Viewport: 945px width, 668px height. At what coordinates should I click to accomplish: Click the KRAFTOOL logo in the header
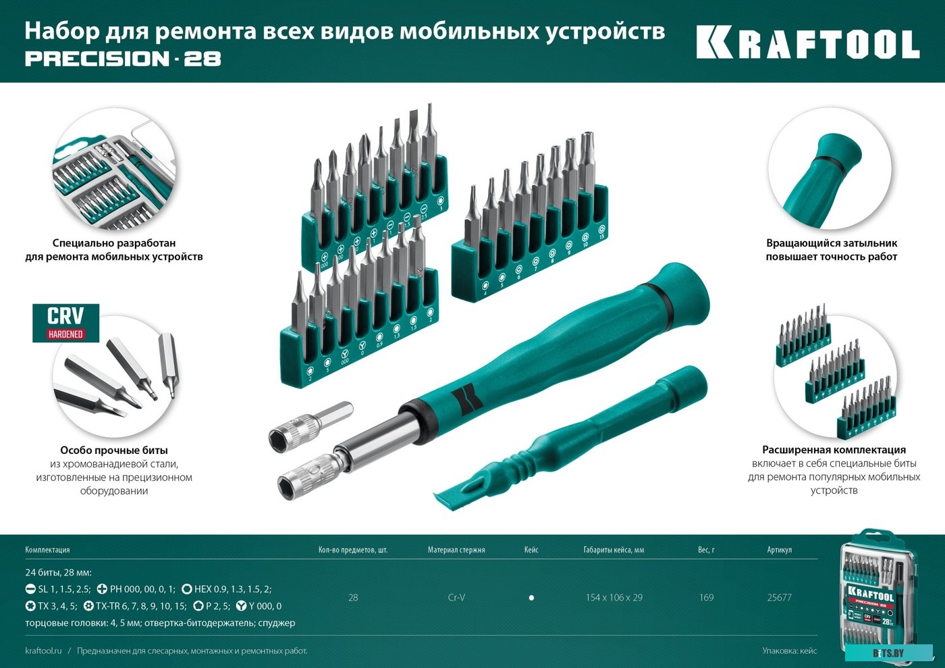click(x=807, y=45)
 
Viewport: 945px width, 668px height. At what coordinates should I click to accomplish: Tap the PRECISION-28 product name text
click(x=123, y=59)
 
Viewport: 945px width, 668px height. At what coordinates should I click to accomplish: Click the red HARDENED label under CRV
click(x=65, y=334)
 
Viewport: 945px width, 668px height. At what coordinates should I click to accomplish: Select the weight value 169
click(x=706, y=598)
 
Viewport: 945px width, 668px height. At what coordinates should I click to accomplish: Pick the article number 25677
click(x=779, y=598)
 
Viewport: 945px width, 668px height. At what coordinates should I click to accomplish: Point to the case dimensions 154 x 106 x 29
click(x=614, y=598)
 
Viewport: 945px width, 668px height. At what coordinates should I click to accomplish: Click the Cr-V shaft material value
click(x=456, y=598)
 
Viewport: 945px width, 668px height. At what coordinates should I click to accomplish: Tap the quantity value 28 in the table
click(x=353, y=598)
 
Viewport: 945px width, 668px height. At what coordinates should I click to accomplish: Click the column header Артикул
click(x=779, y=550)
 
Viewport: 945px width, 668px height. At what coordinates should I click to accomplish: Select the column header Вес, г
click(x=706, y=550)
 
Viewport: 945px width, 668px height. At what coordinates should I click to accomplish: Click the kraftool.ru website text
click(x=43, y=651)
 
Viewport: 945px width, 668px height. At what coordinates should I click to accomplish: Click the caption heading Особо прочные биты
click(x=114, y=451)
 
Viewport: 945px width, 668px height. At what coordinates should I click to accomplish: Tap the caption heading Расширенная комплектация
click(x=834, y=450)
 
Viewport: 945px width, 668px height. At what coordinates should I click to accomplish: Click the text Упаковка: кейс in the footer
click(x=789, y=651)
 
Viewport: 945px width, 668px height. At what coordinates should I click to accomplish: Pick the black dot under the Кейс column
click(x=531, y=598)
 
